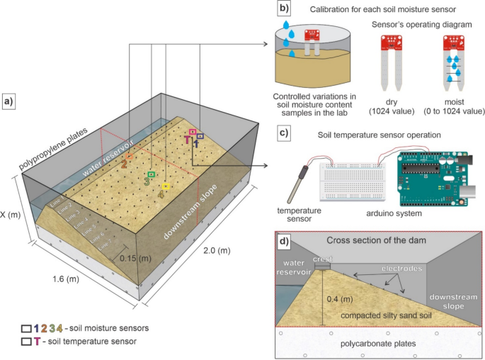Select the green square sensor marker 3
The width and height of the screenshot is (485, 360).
[151, 174]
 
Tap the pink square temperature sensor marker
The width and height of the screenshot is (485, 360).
[193, 132]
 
